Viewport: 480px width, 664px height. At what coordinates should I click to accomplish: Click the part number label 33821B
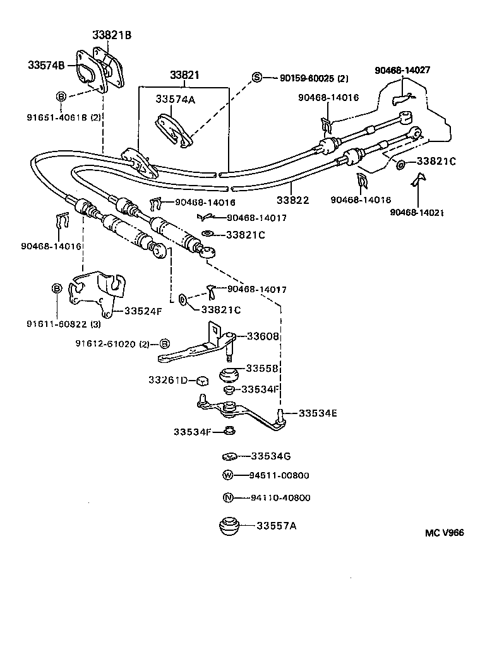112,35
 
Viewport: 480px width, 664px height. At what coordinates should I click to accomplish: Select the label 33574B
46,65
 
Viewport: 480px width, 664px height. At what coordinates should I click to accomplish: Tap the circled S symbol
257,78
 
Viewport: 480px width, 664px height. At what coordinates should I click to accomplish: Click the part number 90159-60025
304,79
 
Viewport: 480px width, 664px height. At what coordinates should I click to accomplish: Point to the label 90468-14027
402,70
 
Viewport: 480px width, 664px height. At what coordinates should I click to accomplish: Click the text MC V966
444,533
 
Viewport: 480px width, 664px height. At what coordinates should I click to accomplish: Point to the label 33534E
318,413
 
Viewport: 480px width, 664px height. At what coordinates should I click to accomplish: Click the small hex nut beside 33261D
201,381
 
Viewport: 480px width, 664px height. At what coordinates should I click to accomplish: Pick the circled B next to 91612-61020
164,344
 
